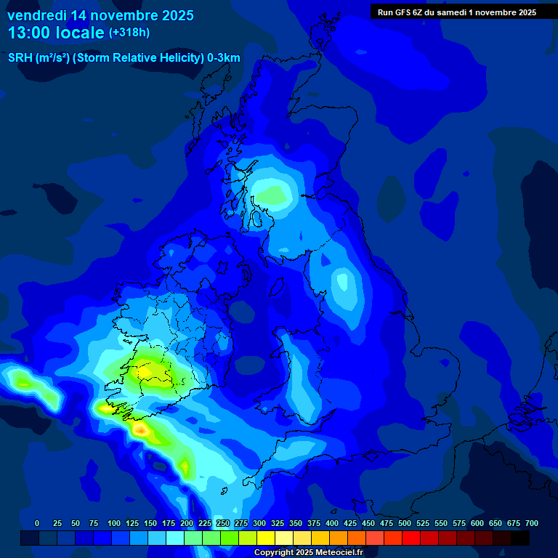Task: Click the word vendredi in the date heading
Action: point(36,15)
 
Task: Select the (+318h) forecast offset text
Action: point(129,33)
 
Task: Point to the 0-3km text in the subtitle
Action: point(223,58)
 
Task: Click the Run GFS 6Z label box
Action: point(456,12)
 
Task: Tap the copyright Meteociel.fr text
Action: point(308,553)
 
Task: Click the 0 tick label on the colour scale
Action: point(37,523)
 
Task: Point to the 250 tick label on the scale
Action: point(223,523)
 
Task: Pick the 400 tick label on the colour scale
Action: point(332,523)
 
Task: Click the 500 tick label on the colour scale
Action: point(405,523)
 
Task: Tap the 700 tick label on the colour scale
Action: point(531,523)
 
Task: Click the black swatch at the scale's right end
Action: point(520,538)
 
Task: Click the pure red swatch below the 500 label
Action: point(411,538)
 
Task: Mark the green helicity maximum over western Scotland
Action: point(275,194)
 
